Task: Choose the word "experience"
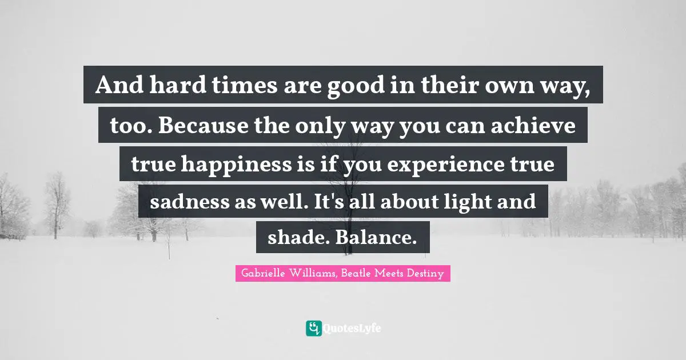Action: [436, 164]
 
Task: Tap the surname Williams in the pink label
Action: [315, 274]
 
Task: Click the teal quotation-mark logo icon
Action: [313, 328]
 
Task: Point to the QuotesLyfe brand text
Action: [352, 329]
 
